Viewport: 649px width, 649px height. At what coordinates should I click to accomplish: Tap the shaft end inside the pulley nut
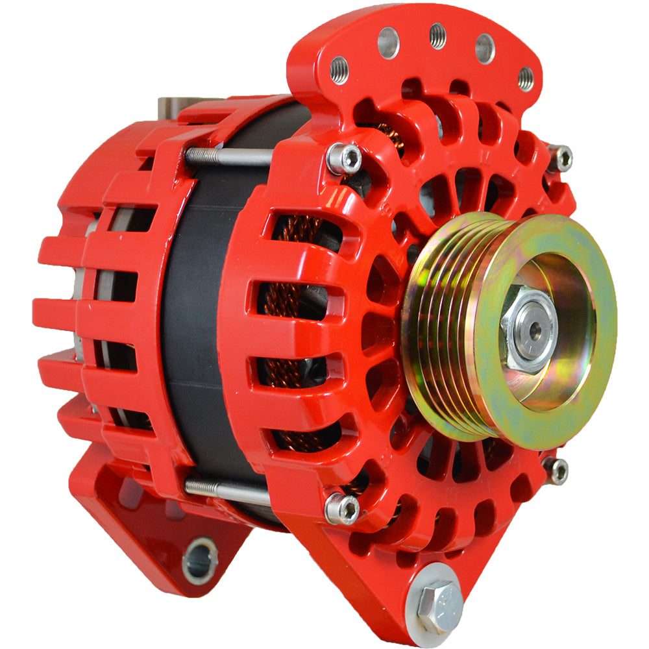535,330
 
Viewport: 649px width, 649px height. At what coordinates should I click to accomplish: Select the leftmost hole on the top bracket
339,69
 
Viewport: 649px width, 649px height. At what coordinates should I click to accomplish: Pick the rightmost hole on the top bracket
526,79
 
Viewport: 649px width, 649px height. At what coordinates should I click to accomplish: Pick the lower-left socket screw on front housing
342,508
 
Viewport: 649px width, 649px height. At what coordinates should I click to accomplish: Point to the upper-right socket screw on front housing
559,158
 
